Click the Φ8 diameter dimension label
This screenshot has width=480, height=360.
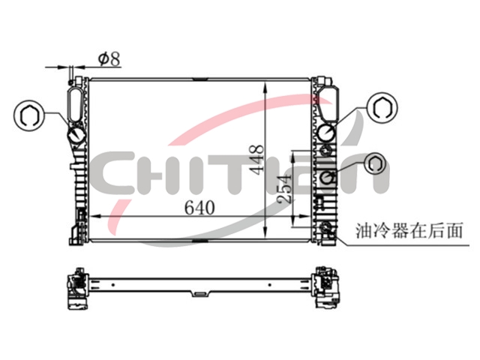coord(109,59)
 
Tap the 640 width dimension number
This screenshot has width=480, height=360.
coord(199,208)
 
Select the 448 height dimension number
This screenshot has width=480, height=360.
coord(256,160)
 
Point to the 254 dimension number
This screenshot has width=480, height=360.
coord(283,188)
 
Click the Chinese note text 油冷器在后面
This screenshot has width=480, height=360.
coord(409,230)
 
